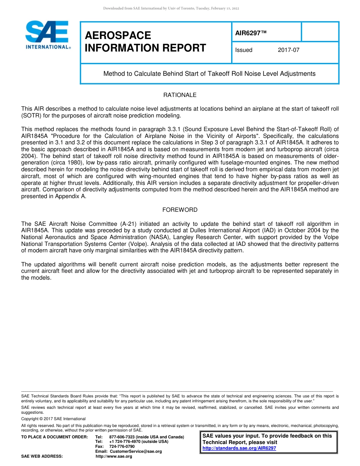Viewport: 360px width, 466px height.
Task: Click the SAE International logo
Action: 47,35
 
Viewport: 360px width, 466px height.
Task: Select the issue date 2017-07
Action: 288,50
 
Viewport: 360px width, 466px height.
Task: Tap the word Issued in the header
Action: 244,50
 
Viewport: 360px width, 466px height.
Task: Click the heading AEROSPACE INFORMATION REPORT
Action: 146,42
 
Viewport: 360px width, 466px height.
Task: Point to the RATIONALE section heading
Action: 180,95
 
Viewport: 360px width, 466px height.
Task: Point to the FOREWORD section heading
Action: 180,210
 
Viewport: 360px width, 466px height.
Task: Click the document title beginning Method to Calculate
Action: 209,74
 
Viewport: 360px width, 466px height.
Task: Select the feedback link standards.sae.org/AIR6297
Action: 239,448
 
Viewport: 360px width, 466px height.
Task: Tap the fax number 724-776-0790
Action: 122,446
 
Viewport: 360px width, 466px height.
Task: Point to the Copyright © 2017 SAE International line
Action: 53,419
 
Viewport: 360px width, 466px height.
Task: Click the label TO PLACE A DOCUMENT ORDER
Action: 55,437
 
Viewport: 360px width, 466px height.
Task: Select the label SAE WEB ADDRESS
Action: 42,456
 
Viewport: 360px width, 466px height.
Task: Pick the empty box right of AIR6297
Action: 320,32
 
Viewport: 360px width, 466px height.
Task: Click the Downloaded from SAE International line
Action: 171,8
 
